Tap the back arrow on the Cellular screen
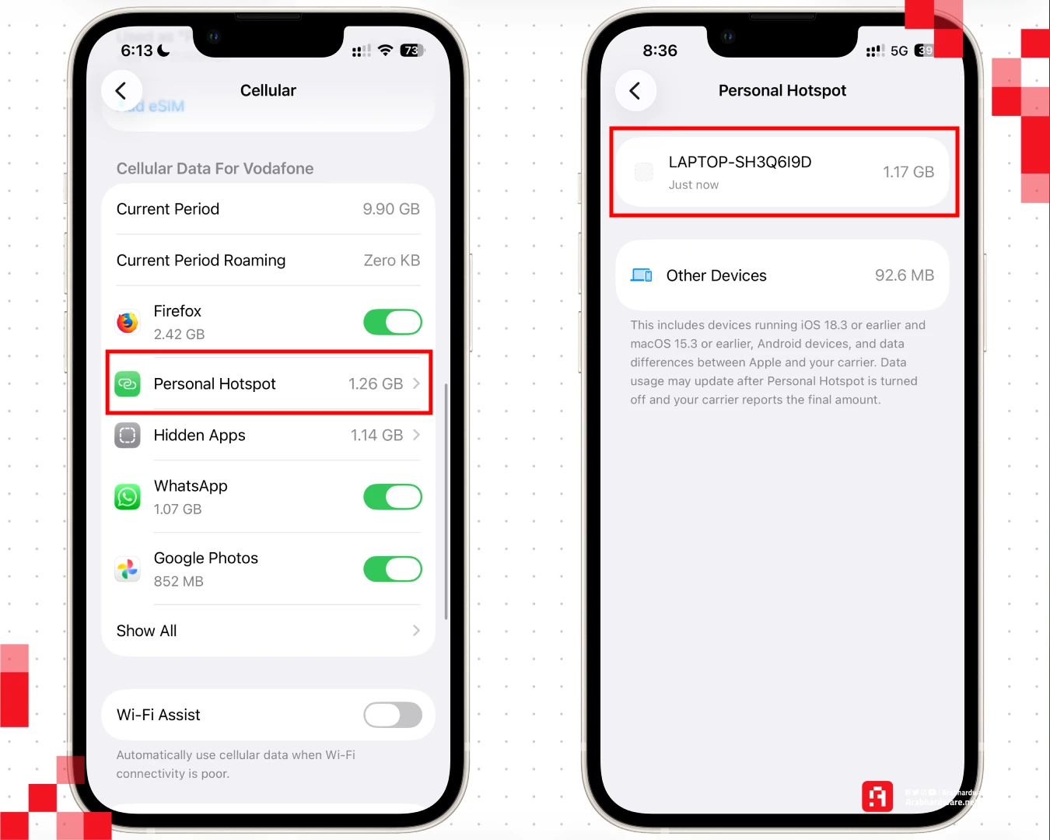(121, 91)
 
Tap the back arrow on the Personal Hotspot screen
(635, 91)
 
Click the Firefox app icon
(128, 322)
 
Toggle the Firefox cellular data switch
(393, 322)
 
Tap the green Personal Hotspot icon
(128, 384)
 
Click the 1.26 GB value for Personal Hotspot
(376, 384)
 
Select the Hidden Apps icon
(128, 436)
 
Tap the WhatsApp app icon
(128, 497)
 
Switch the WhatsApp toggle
(393, 497)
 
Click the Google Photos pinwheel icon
(128, 569)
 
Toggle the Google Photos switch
(393, 569)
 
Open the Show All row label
(147, 631)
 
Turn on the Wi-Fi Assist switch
(393, 715)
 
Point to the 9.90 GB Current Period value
(391, 209)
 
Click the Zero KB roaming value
(392, 261)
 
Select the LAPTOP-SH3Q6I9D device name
(740, 163)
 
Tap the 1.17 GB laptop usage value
(908, 172)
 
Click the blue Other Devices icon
(642, 275)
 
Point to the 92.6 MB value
(905, 275)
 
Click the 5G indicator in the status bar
(899, 51)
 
